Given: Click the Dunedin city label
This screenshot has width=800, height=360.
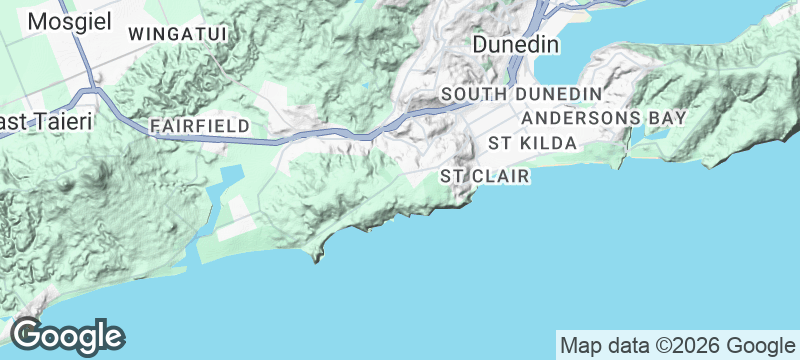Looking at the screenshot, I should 515,45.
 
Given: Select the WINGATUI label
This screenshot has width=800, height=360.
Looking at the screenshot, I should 179,34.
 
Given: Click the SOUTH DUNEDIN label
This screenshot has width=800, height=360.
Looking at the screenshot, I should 521,94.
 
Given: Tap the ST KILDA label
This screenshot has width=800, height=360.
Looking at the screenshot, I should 533,144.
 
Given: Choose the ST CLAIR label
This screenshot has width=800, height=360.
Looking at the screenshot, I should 484,176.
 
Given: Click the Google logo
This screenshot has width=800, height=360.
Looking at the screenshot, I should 67,335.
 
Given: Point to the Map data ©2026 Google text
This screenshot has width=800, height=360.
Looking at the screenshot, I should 675,345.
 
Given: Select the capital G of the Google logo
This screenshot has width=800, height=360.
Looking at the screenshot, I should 26,334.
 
